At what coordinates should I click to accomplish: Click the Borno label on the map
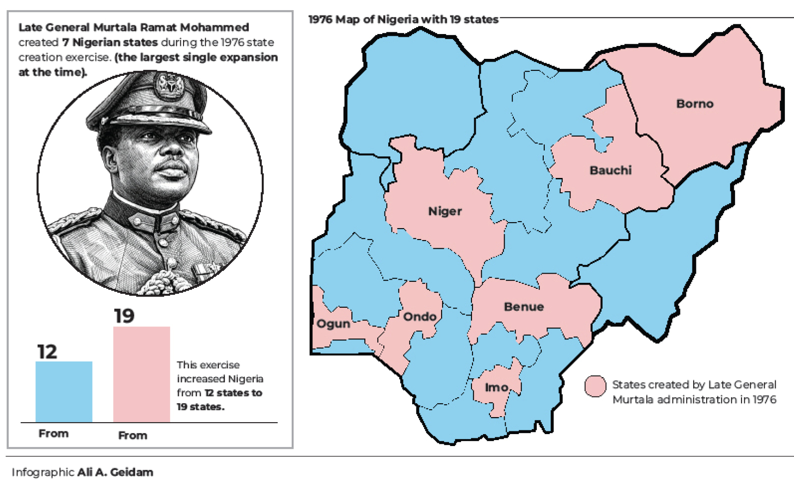click(695, 103)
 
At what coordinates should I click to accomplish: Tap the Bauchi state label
click(610, 170)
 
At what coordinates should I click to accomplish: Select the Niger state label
click(445, 211)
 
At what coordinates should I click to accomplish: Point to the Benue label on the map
click(524, 307)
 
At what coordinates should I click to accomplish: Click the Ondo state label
click(420, 316)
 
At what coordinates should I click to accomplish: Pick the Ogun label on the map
click(333, 324)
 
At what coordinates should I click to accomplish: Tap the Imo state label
click(496, 388)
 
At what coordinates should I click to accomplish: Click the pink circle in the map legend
click(595, 386)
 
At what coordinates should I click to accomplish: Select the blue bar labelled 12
click(64, 391)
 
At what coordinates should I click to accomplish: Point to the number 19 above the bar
click(124, 316)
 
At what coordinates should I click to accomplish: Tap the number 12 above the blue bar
click(47, 352)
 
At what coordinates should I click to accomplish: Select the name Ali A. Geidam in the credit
click(115, 472)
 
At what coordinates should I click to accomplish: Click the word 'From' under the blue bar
click(53, 434)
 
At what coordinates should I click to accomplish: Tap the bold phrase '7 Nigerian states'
click(110, 42)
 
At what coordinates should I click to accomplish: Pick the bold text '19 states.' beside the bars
click(201, 407)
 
